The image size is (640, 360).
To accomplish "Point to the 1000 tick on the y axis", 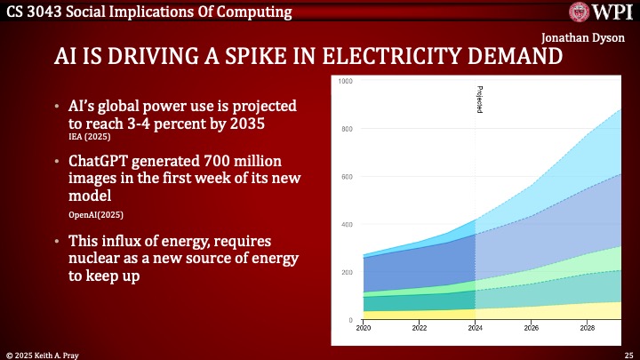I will coord(346,81).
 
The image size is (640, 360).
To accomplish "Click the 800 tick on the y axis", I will coord(347,129).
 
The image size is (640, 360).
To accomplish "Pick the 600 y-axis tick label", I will coord(347,176).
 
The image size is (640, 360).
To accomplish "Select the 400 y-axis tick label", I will coord(347,224).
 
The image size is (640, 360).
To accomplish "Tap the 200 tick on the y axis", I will coord(347,271).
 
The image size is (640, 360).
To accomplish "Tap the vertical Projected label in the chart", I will coord(479,99).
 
